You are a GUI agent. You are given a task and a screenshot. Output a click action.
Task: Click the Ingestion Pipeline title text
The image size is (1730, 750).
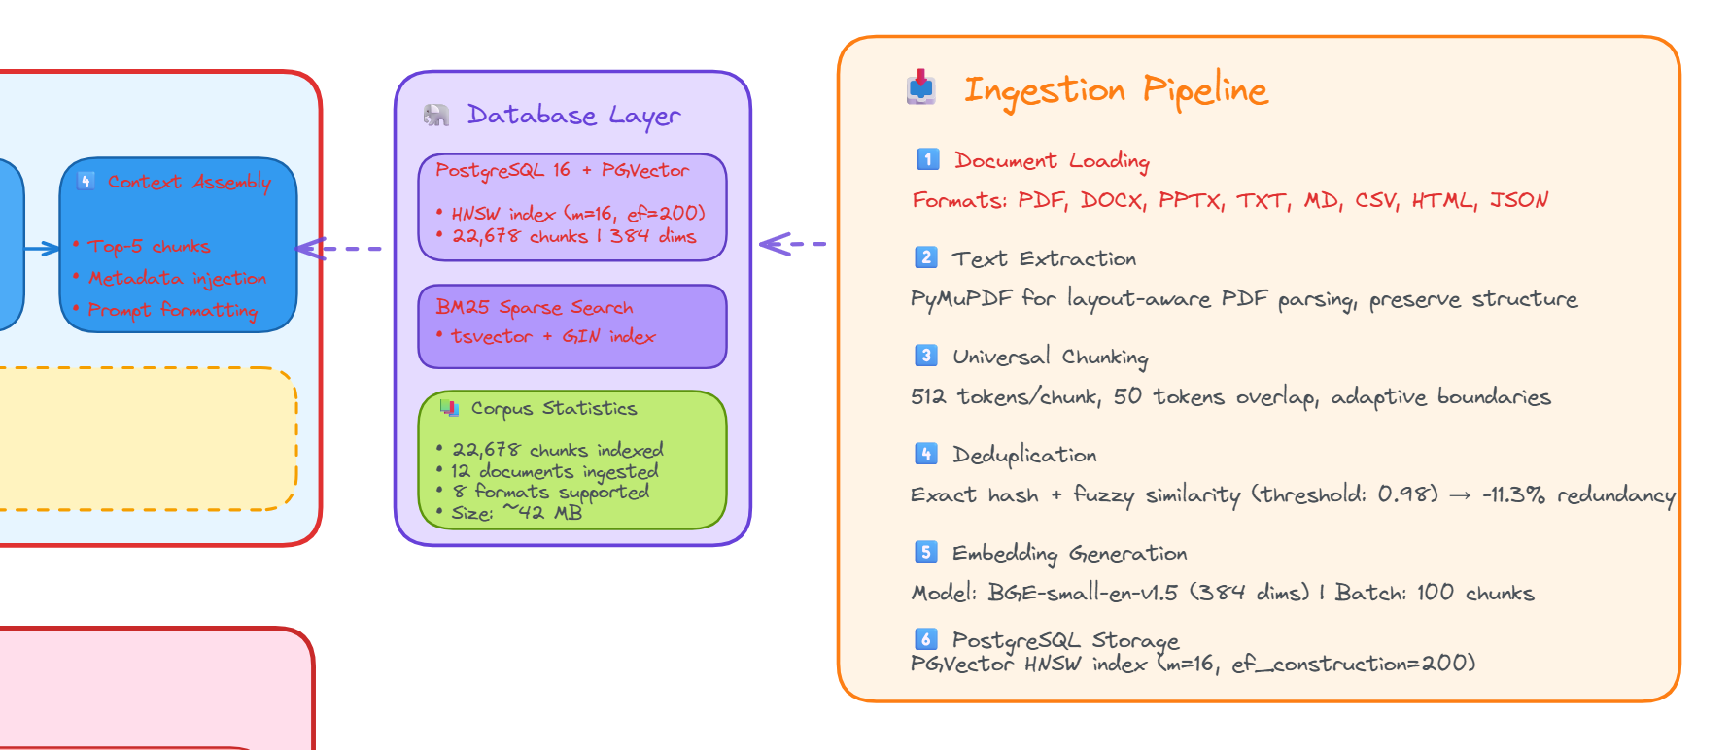[x=1115, y=90]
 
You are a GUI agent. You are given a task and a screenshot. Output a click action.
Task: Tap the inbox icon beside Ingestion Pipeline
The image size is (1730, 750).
[x=921, y=87]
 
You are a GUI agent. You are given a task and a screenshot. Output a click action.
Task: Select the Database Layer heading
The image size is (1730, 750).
[x=573, y=116]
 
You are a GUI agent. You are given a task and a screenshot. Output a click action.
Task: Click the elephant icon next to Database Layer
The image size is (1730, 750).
[x=436, y=116]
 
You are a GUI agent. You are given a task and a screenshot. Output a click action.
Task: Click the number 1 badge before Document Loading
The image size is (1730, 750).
[x=927, y=159]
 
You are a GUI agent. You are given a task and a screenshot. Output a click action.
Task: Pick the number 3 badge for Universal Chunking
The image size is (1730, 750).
[x=926, y=356]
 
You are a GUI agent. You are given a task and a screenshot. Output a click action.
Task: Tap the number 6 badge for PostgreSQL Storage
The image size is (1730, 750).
[x=926, y=638]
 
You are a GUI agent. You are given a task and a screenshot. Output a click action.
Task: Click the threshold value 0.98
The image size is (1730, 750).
[x=1406, y=494]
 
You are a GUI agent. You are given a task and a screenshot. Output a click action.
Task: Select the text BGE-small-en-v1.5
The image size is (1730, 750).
[x=1082, y=593]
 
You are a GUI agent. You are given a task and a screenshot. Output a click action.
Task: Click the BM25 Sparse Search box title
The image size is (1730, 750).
[x=534, y=307]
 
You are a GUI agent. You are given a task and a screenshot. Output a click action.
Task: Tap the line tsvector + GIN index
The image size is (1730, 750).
[x=552, y=336]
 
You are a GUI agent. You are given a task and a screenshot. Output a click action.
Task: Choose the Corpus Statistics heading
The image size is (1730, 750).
[x=553, y=408]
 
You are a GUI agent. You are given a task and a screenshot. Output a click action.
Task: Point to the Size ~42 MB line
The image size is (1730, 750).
[x=516, y=513]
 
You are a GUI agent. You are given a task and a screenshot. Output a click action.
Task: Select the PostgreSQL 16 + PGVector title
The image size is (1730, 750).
[x=562, y=170]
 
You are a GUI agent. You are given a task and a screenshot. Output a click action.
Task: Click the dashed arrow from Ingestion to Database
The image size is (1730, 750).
[x=793, y=244]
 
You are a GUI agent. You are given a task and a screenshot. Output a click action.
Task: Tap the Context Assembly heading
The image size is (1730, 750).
[x=189, y=182]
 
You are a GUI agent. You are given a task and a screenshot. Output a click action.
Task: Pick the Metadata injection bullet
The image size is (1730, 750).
[x=177, y=278]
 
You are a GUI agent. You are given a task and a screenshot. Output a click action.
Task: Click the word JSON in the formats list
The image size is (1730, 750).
[x=1518, y=200]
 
